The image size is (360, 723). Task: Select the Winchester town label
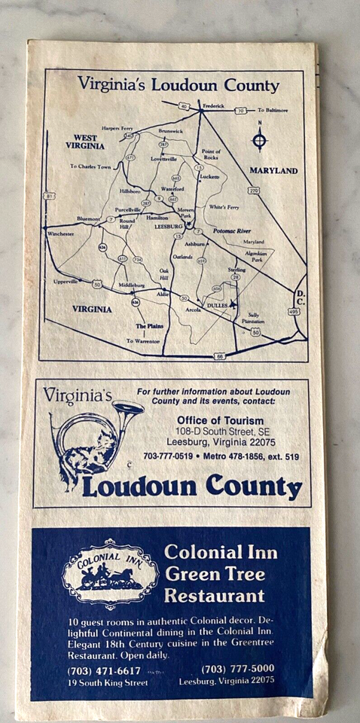[x=60, y=234]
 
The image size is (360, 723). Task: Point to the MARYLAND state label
[x=273, y=171]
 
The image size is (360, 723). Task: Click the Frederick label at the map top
[x=212, y=106]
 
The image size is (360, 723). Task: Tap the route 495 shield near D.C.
[x=293, y=310]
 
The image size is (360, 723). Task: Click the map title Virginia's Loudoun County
[x=179, y=85]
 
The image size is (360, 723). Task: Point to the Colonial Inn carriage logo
[x=110, y=574]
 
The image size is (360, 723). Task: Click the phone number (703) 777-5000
[x=237, y=668]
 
